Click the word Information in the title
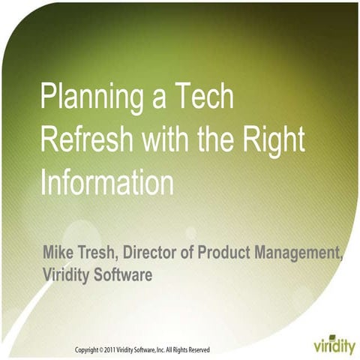click(x=106, y=181)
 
